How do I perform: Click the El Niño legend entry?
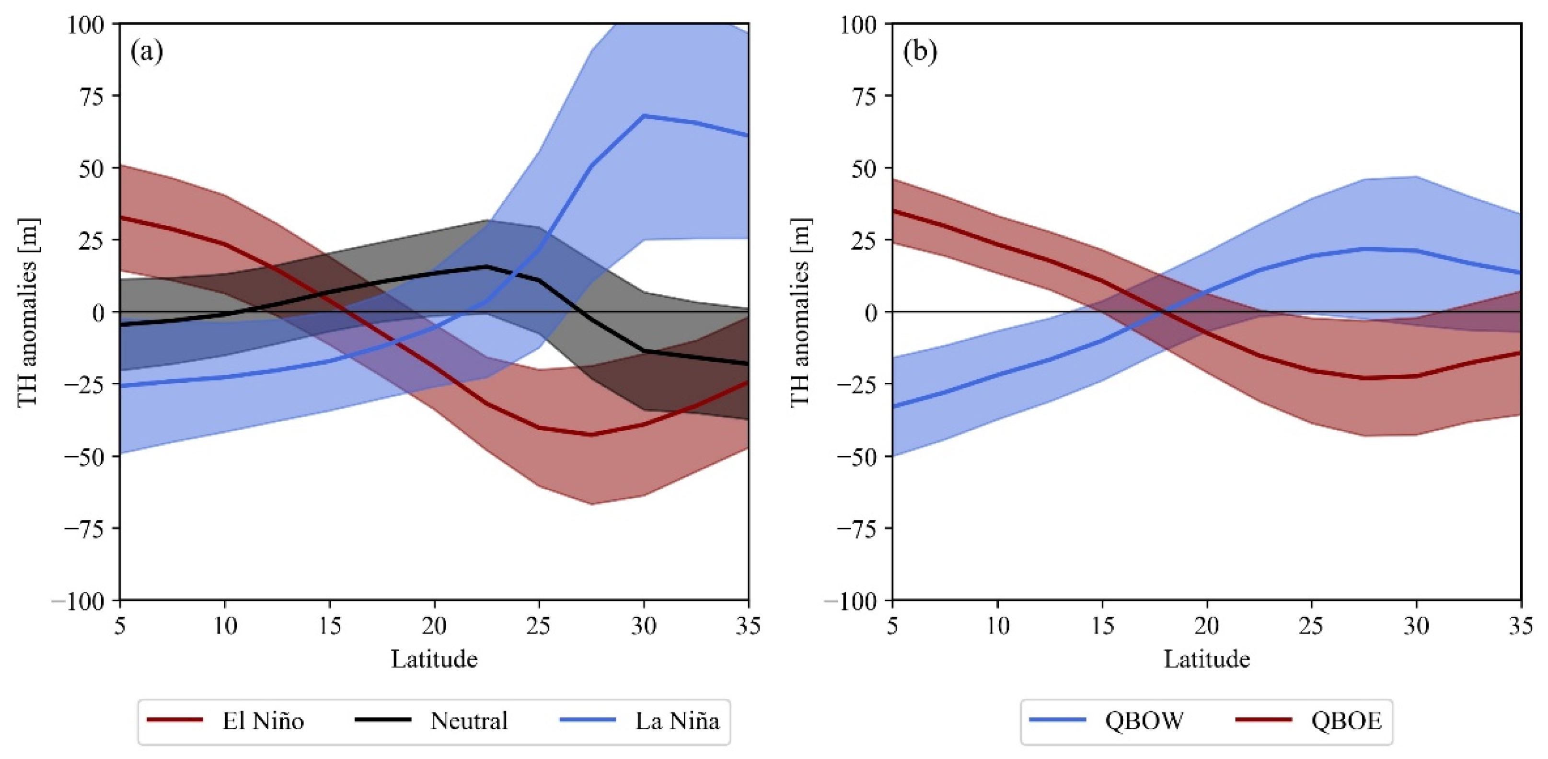tap(263, 721)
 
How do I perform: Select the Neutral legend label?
tap(469, 721)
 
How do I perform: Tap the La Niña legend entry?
tap(677, 721)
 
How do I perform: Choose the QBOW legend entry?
tap(1144, 721)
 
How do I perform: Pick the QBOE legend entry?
tap(1346, 721)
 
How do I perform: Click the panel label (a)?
tap(147, 52)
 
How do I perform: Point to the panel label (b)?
tap(919, 52)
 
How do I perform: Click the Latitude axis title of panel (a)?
tap(434, 659)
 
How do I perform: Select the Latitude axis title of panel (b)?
tap(1207, 659)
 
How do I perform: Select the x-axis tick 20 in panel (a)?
tap(434, 626)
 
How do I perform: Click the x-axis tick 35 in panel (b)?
tap(1520, 626)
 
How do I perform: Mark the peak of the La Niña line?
tap(644, 115)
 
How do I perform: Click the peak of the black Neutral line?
tap(486, 266)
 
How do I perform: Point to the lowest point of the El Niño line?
tap(592, 435)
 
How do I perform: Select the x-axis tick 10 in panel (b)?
tap(997, 626)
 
